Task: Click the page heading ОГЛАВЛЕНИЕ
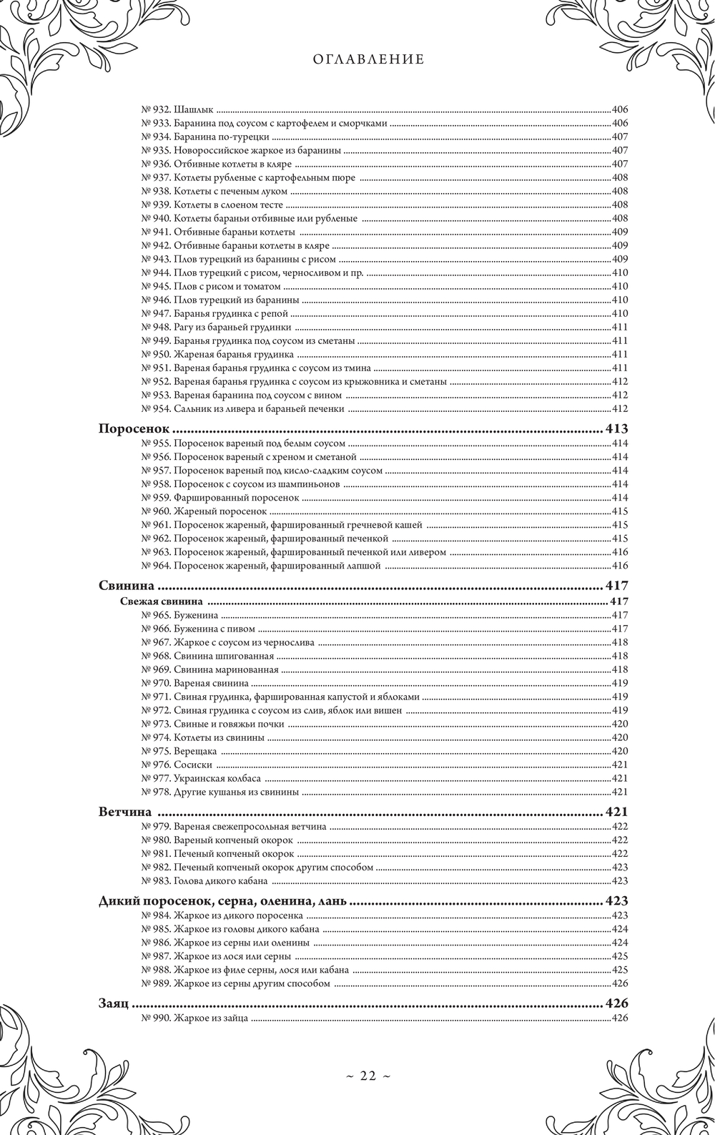[x=368, y=60]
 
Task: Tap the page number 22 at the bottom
[x=368, y=1076]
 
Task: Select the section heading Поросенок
[x=134, y=429]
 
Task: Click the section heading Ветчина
[x=125, y=812]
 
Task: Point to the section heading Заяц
[x=113, y=1003]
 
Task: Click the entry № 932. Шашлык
[x=178, y=110]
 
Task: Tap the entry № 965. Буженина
[x=180, y=615]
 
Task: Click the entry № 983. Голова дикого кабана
[x=204, y=880]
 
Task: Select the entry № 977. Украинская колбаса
[x=201, y=778]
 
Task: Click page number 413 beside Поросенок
[x=616, y=429]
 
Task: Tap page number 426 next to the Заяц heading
[x=616, y=1003]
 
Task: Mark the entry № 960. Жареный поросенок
[x=204, y=511]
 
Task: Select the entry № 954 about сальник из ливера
[x=243, y=408]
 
